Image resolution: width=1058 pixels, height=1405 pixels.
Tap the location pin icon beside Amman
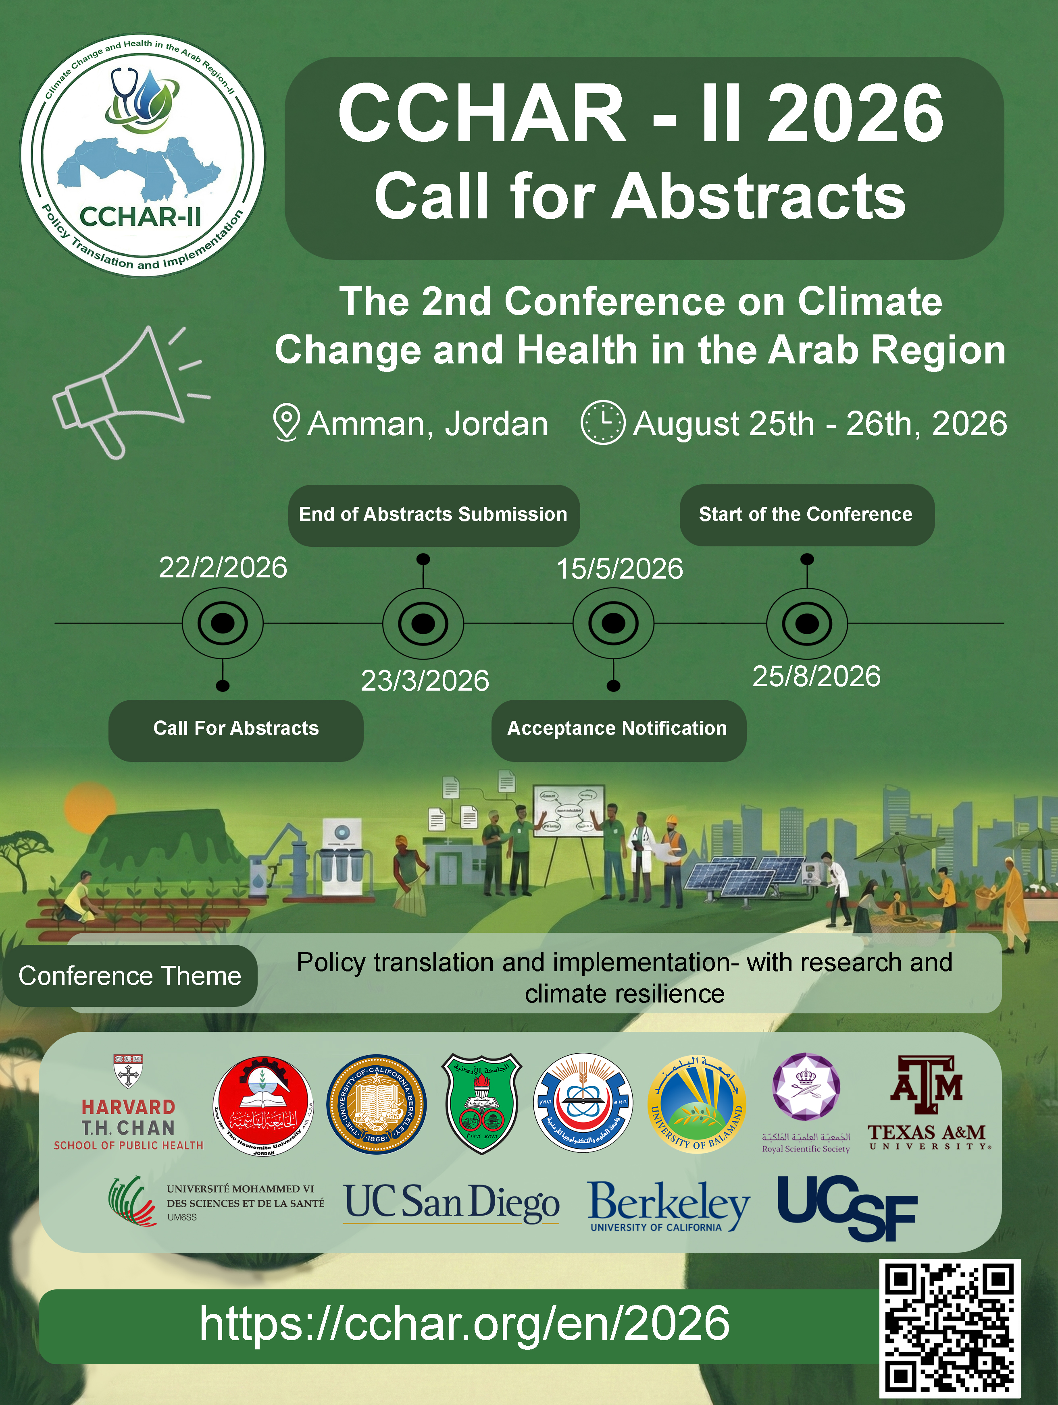[286, 422]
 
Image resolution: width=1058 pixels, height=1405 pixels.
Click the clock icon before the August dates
[602, 422]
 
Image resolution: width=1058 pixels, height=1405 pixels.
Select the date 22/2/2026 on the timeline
[223, 568]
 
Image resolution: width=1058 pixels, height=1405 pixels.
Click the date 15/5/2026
[620, 569]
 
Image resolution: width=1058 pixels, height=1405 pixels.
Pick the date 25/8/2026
[816, 677]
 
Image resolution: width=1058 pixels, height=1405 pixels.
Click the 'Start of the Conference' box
[806, 515]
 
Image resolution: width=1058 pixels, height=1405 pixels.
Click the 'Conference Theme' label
[129, 975]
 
